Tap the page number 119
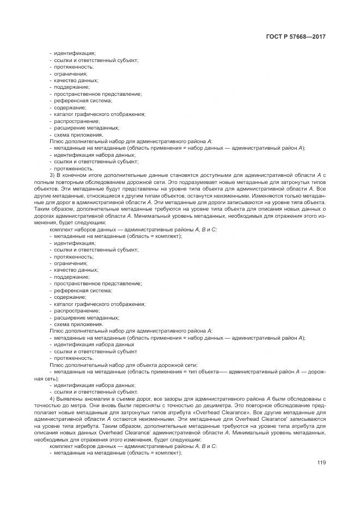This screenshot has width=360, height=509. click(x=321, y=463)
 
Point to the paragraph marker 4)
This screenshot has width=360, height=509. click(x=52, y=399)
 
